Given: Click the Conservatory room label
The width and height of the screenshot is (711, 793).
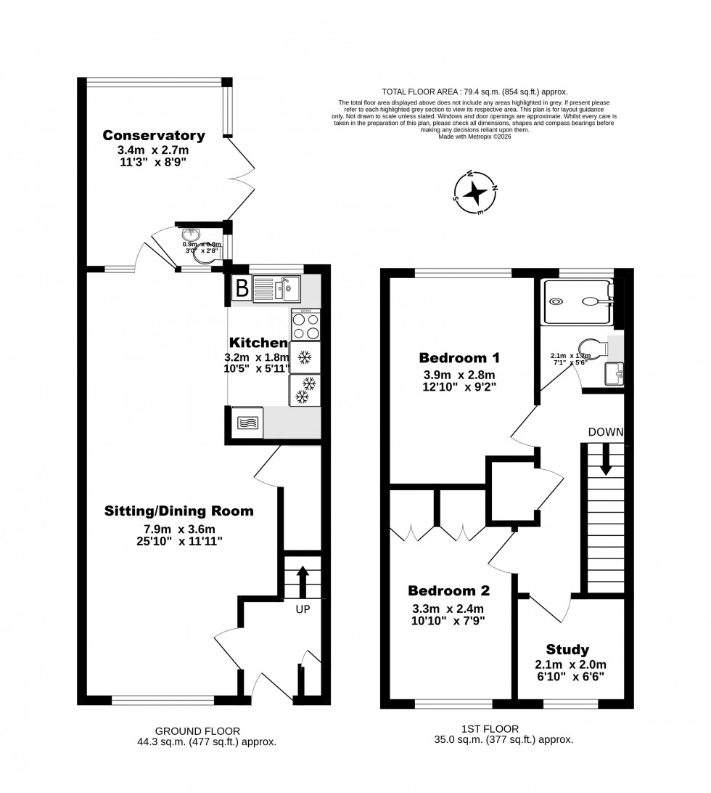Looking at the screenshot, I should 153,135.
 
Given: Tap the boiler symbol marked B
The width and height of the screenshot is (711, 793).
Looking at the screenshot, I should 242,289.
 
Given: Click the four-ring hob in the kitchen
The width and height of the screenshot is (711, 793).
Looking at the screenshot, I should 305,325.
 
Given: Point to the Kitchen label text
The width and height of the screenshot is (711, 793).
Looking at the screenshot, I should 258,342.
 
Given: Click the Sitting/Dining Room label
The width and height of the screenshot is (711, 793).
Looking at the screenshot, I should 178,511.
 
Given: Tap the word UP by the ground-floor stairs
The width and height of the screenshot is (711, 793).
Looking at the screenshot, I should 303,609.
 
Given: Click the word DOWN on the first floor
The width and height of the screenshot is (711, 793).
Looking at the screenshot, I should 606,432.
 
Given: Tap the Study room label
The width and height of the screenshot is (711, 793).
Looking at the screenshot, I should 569,649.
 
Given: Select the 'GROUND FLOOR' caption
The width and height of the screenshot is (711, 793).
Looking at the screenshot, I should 198,731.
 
